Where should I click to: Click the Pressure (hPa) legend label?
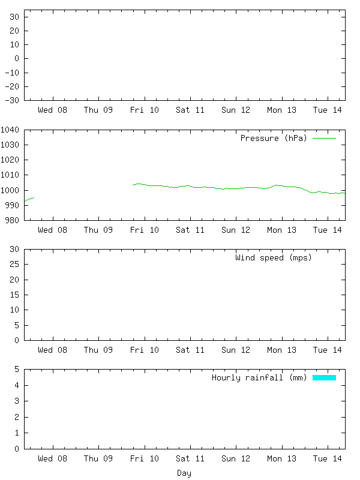pos(273,138)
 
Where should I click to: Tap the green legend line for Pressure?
pos(324,138)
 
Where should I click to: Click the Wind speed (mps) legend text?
pos(273,257)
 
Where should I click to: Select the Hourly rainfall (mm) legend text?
pos(259,377)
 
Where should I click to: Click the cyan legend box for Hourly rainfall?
pos(324,377)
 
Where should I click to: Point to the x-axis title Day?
pos(184,473)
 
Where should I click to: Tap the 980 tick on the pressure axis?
pos(13,220)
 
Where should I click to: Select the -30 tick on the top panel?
pos(11,100)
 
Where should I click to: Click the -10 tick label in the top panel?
pos(11,73)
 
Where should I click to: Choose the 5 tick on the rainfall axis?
pos(17,370)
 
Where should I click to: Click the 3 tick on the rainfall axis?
pos(17,401)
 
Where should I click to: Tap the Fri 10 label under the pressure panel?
pos(145,230)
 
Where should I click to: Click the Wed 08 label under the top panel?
pos(53,110)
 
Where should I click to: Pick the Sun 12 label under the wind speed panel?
pos(236,350)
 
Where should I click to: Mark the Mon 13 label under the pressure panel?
pos(282,230)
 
